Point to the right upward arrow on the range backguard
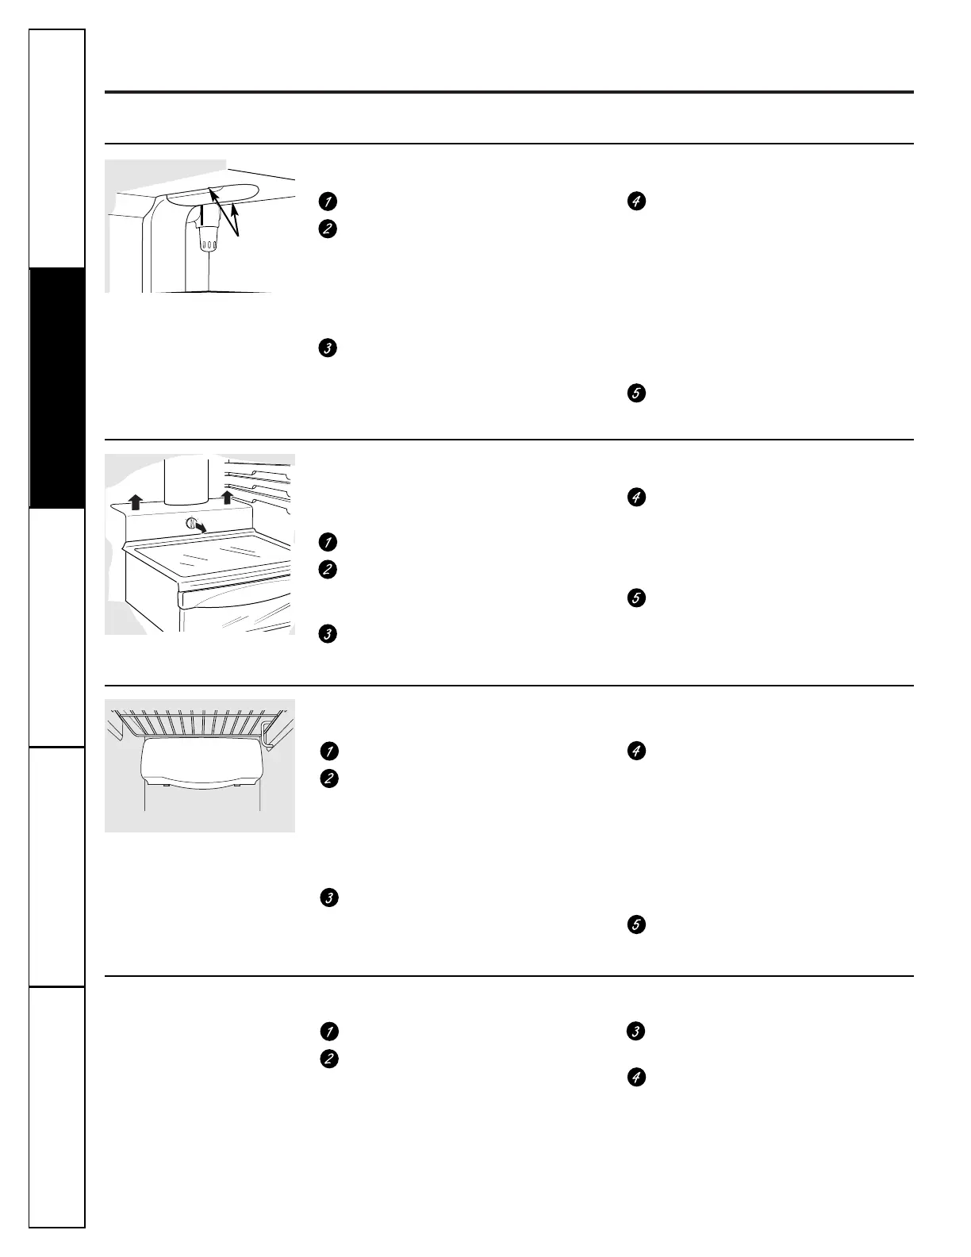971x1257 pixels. [x=227, y=498]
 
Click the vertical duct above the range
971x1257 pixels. [x=185, y=484]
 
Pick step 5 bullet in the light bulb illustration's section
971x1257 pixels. [x=635, y=393]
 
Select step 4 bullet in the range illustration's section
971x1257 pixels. [x=635, y=498]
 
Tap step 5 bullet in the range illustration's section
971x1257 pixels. [x=635, y=598]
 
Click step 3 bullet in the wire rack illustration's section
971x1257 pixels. [x=328, y=898]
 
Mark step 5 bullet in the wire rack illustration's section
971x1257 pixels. [x=635, y=924]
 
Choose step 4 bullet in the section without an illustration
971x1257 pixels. [x=635, y=1078]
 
